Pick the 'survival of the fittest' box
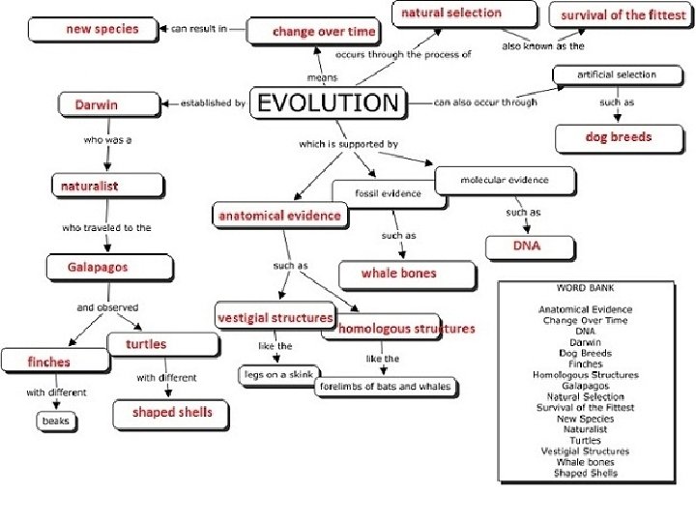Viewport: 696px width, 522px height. (x=623, y=15)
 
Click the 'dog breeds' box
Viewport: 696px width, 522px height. (x=619, y=137)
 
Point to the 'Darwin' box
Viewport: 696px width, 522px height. (x=97, y=103)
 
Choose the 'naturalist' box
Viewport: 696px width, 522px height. (x=89, y=186)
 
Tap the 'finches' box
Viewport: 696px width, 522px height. (x=49, y=362)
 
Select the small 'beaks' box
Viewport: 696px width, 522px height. (x=55, y=421)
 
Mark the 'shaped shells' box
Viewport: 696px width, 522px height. (x=172, y=413)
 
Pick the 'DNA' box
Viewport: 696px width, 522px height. (x=527, y=246)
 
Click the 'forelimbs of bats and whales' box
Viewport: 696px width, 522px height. (x=384, y=387)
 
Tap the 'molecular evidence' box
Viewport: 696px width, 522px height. (x=504, y=180)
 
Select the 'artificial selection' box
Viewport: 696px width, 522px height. (x=616, y=74)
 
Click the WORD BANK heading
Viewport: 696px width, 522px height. (x=585, y=289)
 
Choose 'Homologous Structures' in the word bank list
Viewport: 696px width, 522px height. (x=585, y=375)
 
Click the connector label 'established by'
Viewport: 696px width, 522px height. (x=214, y=102)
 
